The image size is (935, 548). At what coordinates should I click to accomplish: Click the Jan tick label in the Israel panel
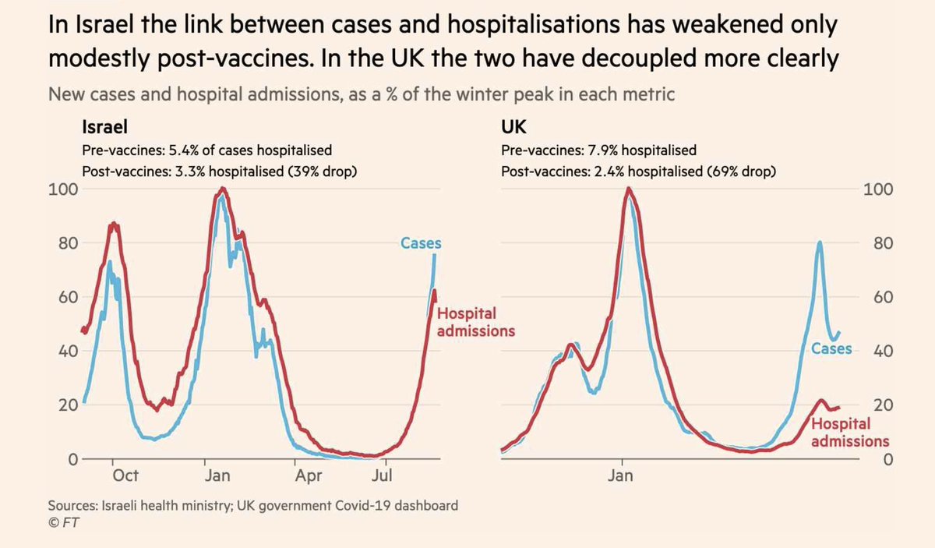click(218, 475)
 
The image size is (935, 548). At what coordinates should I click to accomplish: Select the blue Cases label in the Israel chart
click(421, 244)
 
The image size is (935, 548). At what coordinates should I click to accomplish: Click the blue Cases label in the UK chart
click(831, 348)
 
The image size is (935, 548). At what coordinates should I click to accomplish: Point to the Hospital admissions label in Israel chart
click(475, 322)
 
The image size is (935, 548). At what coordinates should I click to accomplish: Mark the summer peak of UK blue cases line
click(820, 242)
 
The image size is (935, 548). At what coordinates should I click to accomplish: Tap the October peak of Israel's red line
click(114, 224)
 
